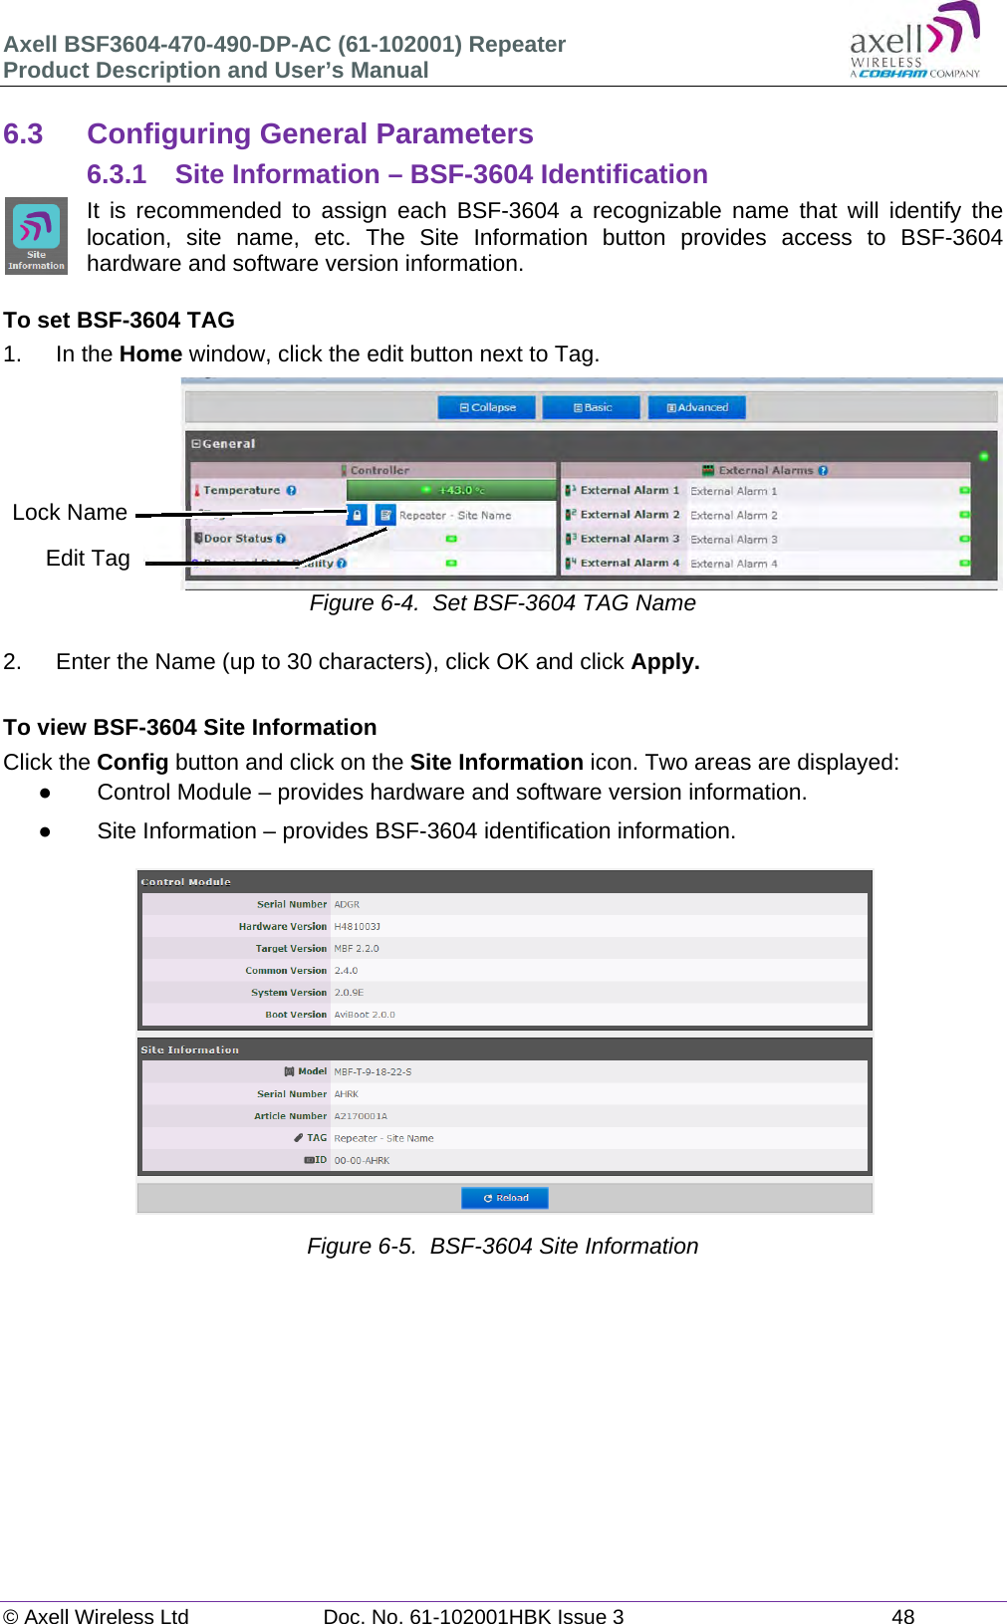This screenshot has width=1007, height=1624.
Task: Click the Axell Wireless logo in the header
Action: (914, 42)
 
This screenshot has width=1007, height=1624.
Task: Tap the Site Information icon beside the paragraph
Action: (36, 235)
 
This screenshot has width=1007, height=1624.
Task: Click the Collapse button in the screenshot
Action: (487, 407)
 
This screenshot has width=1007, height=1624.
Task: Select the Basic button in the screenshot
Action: (593, 407)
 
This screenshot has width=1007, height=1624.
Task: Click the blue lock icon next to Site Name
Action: (357, 515)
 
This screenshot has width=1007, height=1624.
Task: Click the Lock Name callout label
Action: (70, 513)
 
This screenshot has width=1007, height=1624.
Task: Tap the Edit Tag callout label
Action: (88, 559)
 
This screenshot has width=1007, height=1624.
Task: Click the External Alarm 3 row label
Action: (629, 539)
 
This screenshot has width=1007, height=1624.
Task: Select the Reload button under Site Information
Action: (505, 1198)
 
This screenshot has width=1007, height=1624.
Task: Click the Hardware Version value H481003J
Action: (357, 927)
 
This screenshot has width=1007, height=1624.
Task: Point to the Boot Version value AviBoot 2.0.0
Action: (365, 1015)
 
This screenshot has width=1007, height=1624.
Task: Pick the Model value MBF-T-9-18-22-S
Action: (373, 1072)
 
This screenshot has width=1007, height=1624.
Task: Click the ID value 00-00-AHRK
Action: (362, 1161)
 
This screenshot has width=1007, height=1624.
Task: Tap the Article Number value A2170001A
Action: (361, 1116)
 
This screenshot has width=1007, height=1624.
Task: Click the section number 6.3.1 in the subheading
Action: (117, 174)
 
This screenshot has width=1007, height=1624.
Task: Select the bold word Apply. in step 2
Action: (665, 662)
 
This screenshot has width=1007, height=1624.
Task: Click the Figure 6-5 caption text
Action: (503, 1247)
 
